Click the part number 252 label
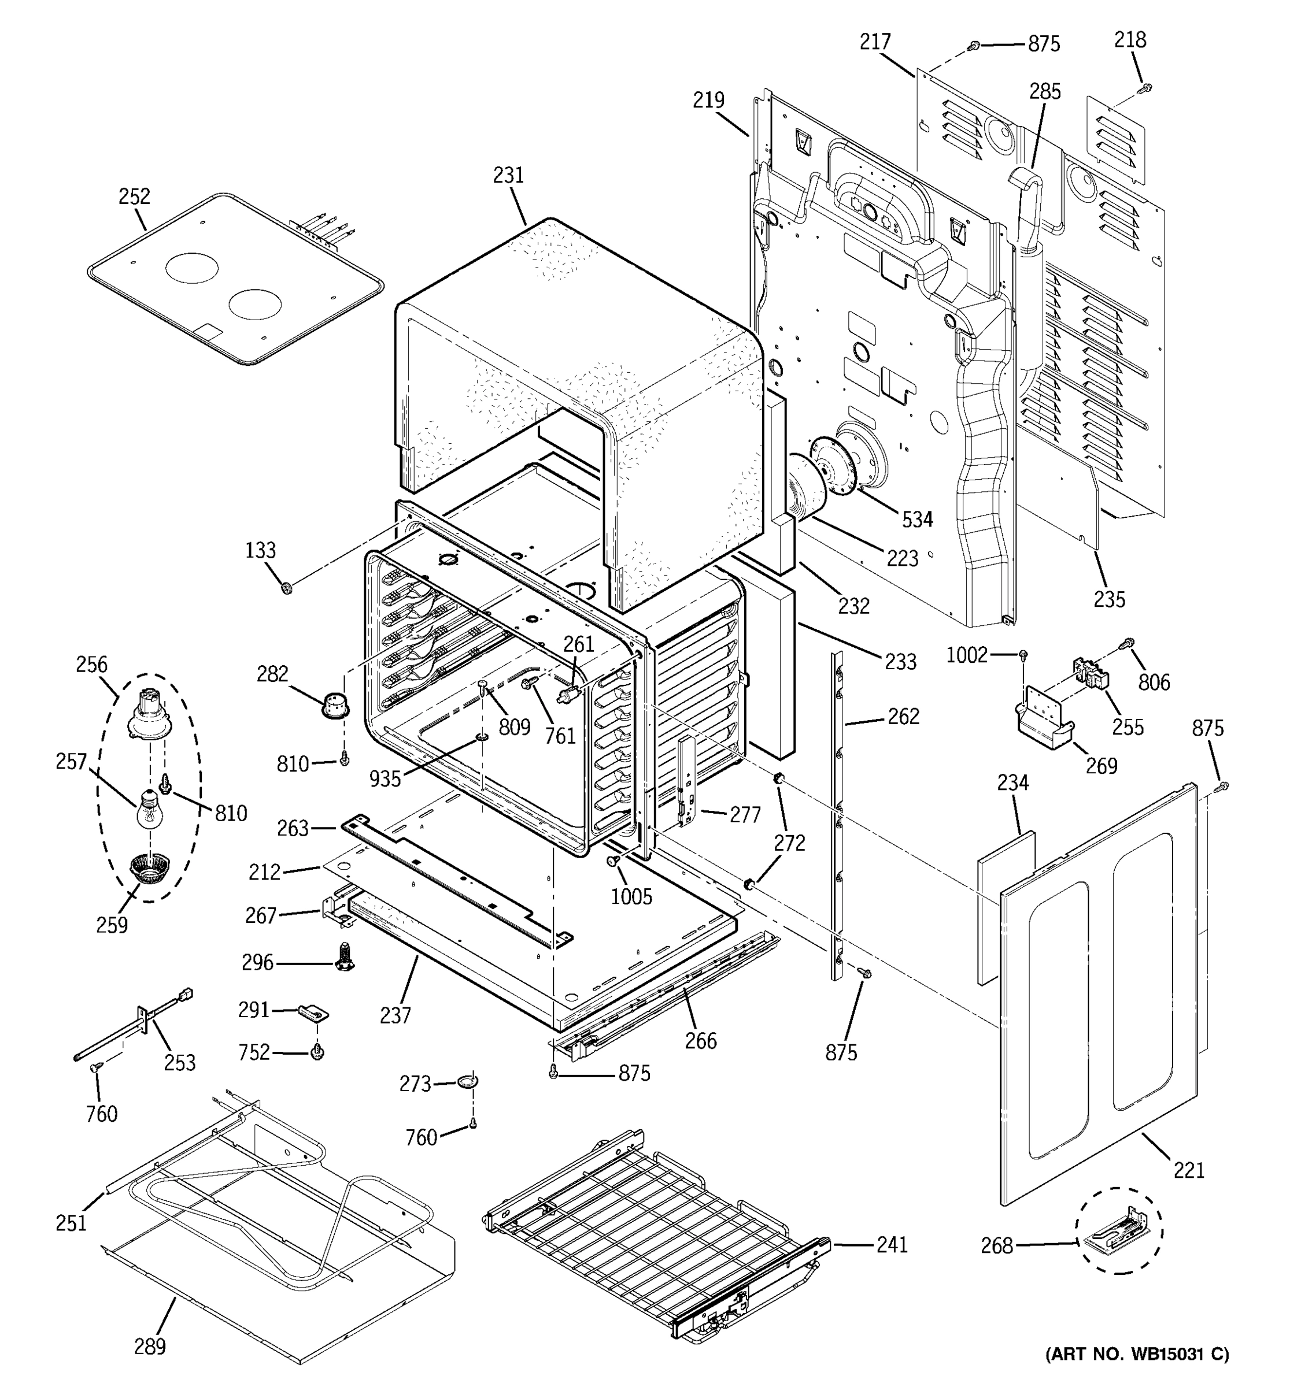pyautogui.click(x=134, y=196)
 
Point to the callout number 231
pyautogui.click(x=508, y=175)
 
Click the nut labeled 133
pyautogui.click(x=286, y=589)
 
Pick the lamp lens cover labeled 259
pyautogui.click(x=146, y=869)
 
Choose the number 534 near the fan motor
pyautogui.click(x=917, y=519)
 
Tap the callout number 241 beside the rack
pyautogui.click(x=892, y=1244)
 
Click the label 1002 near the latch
pyautogui.click(x=967, y=655)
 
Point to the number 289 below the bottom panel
pyautogui.click(x=150, y=1346)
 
